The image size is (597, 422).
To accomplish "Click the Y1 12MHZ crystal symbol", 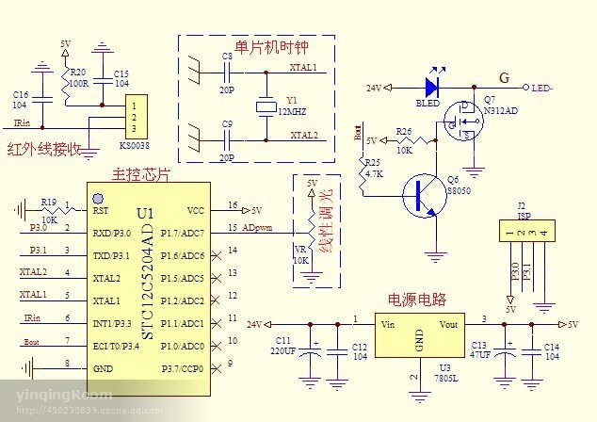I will point(265,106).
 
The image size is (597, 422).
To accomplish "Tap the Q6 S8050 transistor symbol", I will point(422,195).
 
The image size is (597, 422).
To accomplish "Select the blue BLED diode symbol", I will point(433,88).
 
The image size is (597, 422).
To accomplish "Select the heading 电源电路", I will point(417,300).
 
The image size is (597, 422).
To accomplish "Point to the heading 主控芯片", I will point(141,174).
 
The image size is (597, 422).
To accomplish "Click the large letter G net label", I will point(505,77).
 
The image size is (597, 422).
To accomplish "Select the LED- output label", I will point(542,89).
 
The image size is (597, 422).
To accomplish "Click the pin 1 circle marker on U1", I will point(97,199).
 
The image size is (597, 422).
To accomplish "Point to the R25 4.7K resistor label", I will point(374,168).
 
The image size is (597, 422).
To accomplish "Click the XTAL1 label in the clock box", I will point(303,68).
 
